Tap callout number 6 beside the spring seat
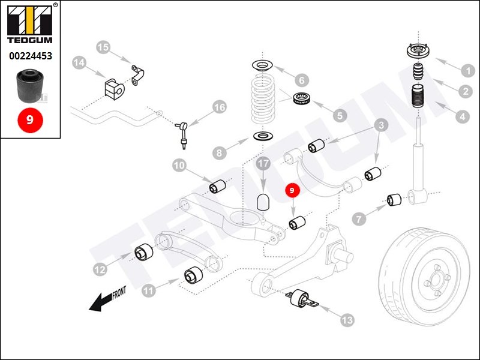coord(301,79)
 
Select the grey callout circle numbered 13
coord(347,320)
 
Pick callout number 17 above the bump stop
coord(263,163)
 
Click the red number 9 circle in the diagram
coord(292,191)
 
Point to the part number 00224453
coord(30,56)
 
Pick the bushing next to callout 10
coord(216,187)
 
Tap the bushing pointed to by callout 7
coord(394,199)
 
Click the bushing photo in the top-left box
coord(29,86)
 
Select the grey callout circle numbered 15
coord(103,47)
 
